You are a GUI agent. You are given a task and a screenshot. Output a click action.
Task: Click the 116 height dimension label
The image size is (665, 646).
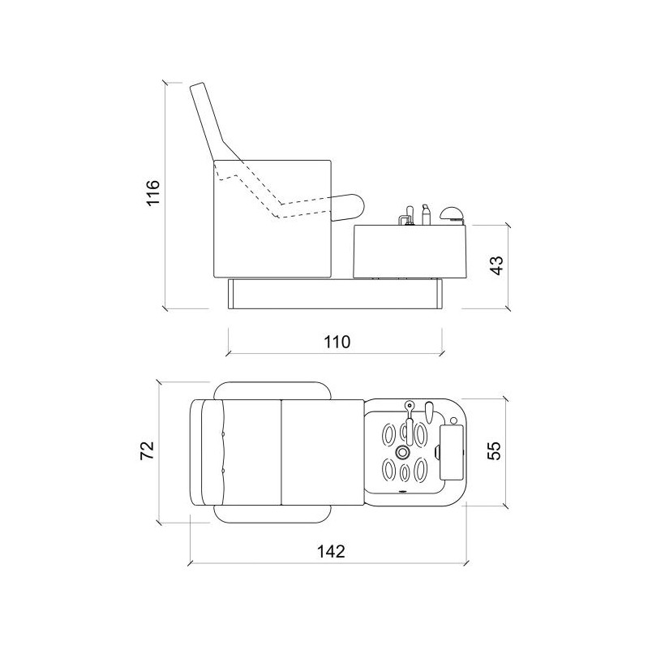(x=153, y=192)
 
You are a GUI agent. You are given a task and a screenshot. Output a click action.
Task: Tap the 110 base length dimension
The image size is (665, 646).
(x=337, y=342)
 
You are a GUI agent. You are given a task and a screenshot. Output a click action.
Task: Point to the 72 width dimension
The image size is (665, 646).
(x=147, y=450)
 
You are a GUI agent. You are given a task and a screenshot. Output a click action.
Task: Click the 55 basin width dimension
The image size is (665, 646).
(x=494, y=450)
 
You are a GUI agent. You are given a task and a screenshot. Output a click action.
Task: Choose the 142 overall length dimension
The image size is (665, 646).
(x=331, y=551)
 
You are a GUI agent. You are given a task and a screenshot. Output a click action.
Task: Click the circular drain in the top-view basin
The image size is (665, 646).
(x=402, y=453)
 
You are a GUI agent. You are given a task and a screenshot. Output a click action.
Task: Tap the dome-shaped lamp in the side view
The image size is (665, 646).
(x=452, y=213)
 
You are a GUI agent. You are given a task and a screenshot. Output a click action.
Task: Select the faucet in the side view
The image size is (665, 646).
(x=407, y=216)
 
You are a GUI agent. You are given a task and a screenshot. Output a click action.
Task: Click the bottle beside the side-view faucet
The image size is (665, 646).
(x=426, y=214)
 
